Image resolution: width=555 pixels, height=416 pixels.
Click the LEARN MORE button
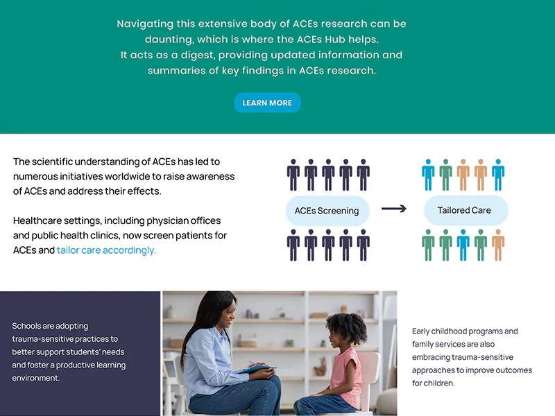pyautogui.click(x=267, y=103)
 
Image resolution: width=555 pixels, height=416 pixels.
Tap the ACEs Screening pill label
pyautogui.click(x=327, y=211)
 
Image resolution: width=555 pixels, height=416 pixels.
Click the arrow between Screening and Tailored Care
pyautogui.click(x=393, y=209)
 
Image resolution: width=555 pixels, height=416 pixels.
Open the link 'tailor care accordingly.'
pyautogui.click(x=106, y=250)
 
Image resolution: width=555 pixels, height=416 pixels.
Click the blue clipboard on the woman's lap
pyautogui.click(x=257, y=369)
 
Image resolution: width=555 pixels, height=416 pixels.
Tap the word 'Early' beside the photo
pyautogui.click(x=420, y=331)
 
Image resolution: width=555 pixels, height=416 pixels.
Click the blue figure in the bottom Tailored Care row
pyautogui.click(x=463, y=245)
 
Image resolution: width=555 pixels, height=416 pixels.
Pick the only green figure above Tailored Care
pyautogui.click(x=445, y=175)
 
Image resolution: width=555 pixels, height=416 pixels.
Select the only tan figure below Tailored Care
pyautogui.click(x=498, y=245)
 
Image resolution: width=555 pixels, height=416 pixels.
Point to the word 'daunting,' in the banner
pyautogui.click(x=169, y=40)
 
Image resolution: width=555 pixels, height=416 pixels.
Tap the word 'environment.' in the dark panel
pyautogui.click(x=36, y=378)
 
